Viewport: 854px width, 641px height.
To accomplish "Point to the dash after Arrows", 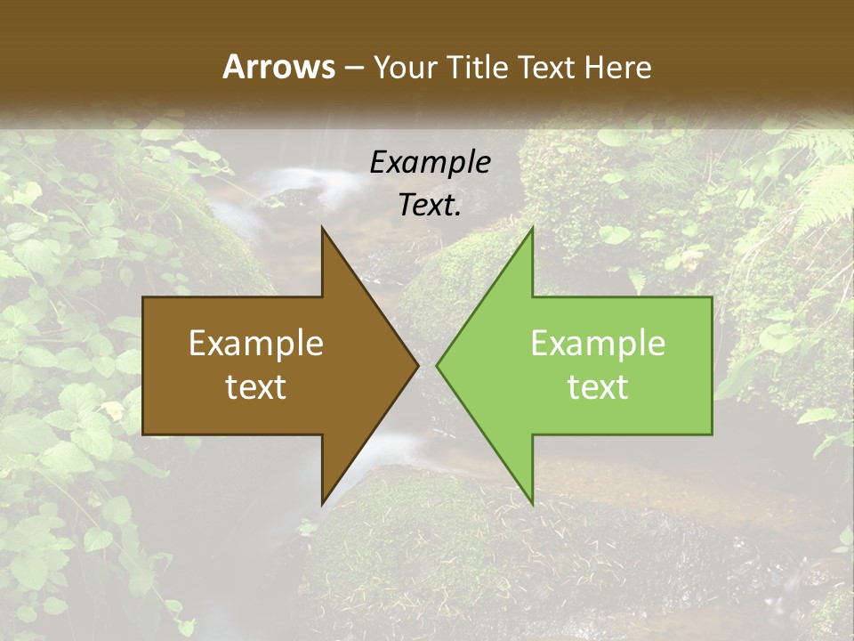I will pos(353,68).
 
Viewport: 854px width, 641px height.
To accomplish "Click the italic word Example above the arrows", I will pos(430,163).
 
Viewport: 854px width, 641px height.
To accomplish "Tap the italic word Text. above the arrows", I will pos(430,206).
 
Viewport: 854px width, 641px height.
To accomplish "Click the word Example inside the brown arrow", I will pos(256,344).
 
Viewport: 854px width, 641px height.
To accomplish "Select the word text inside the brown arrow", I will pos(256,386).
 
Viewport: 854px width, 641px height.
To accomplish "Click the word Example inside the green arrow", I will pos(598,344).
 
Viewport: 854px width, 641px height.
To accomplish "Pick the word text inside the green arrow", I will pos(598,386).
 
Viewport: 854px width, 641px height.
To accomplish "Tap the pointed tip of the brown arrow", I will pos(417,365).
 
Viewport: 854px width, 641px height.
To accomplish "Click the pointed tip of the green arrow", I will pos(438,365).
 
